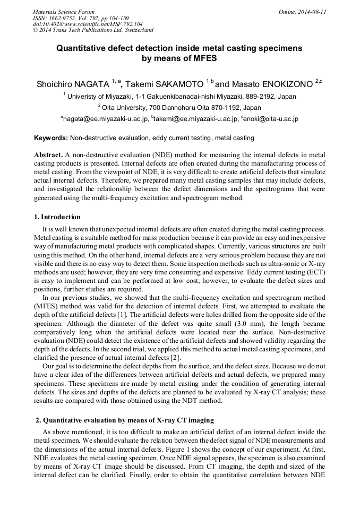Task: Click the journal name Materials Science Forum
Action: (x=64, y=11)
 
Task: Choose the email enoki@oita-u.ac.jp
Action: (x=269, y=119)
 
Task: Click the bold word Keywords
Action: (x=51, y=138)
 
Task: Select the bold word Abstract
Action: (x=48, y=154)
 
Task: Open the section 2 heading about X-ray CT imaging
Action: (x=125, y=420)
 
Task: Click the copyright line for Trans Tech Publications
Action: (x=93, y=30)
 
